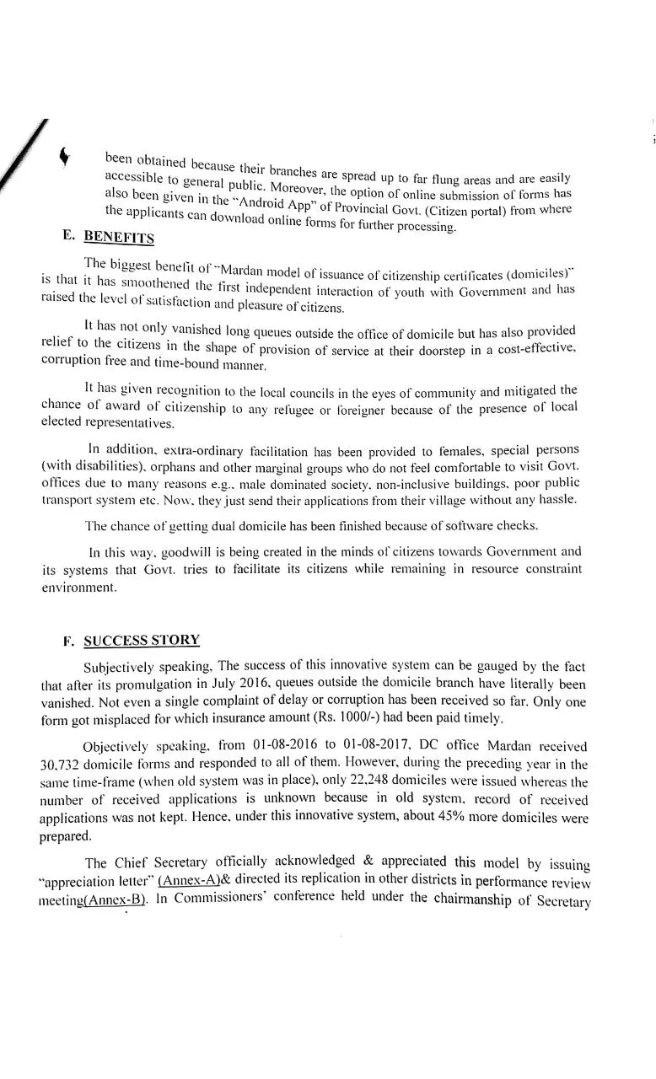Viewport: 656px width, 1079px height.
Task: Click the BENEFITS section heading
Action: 119,238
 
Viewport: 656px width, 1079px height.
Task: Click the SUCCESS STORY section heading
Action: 142,640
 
